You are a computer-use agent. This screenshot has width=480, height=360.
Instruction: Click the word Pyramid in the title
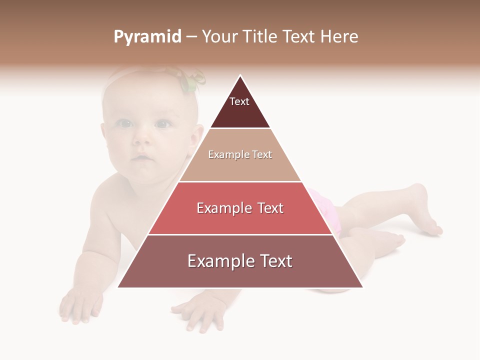pos(147,37)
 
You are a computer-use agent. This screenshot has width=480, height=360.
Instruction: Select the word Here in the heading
pos(339,36)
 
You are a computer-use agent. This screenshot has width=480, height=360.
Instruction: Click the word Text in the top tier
pos(239,101)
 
